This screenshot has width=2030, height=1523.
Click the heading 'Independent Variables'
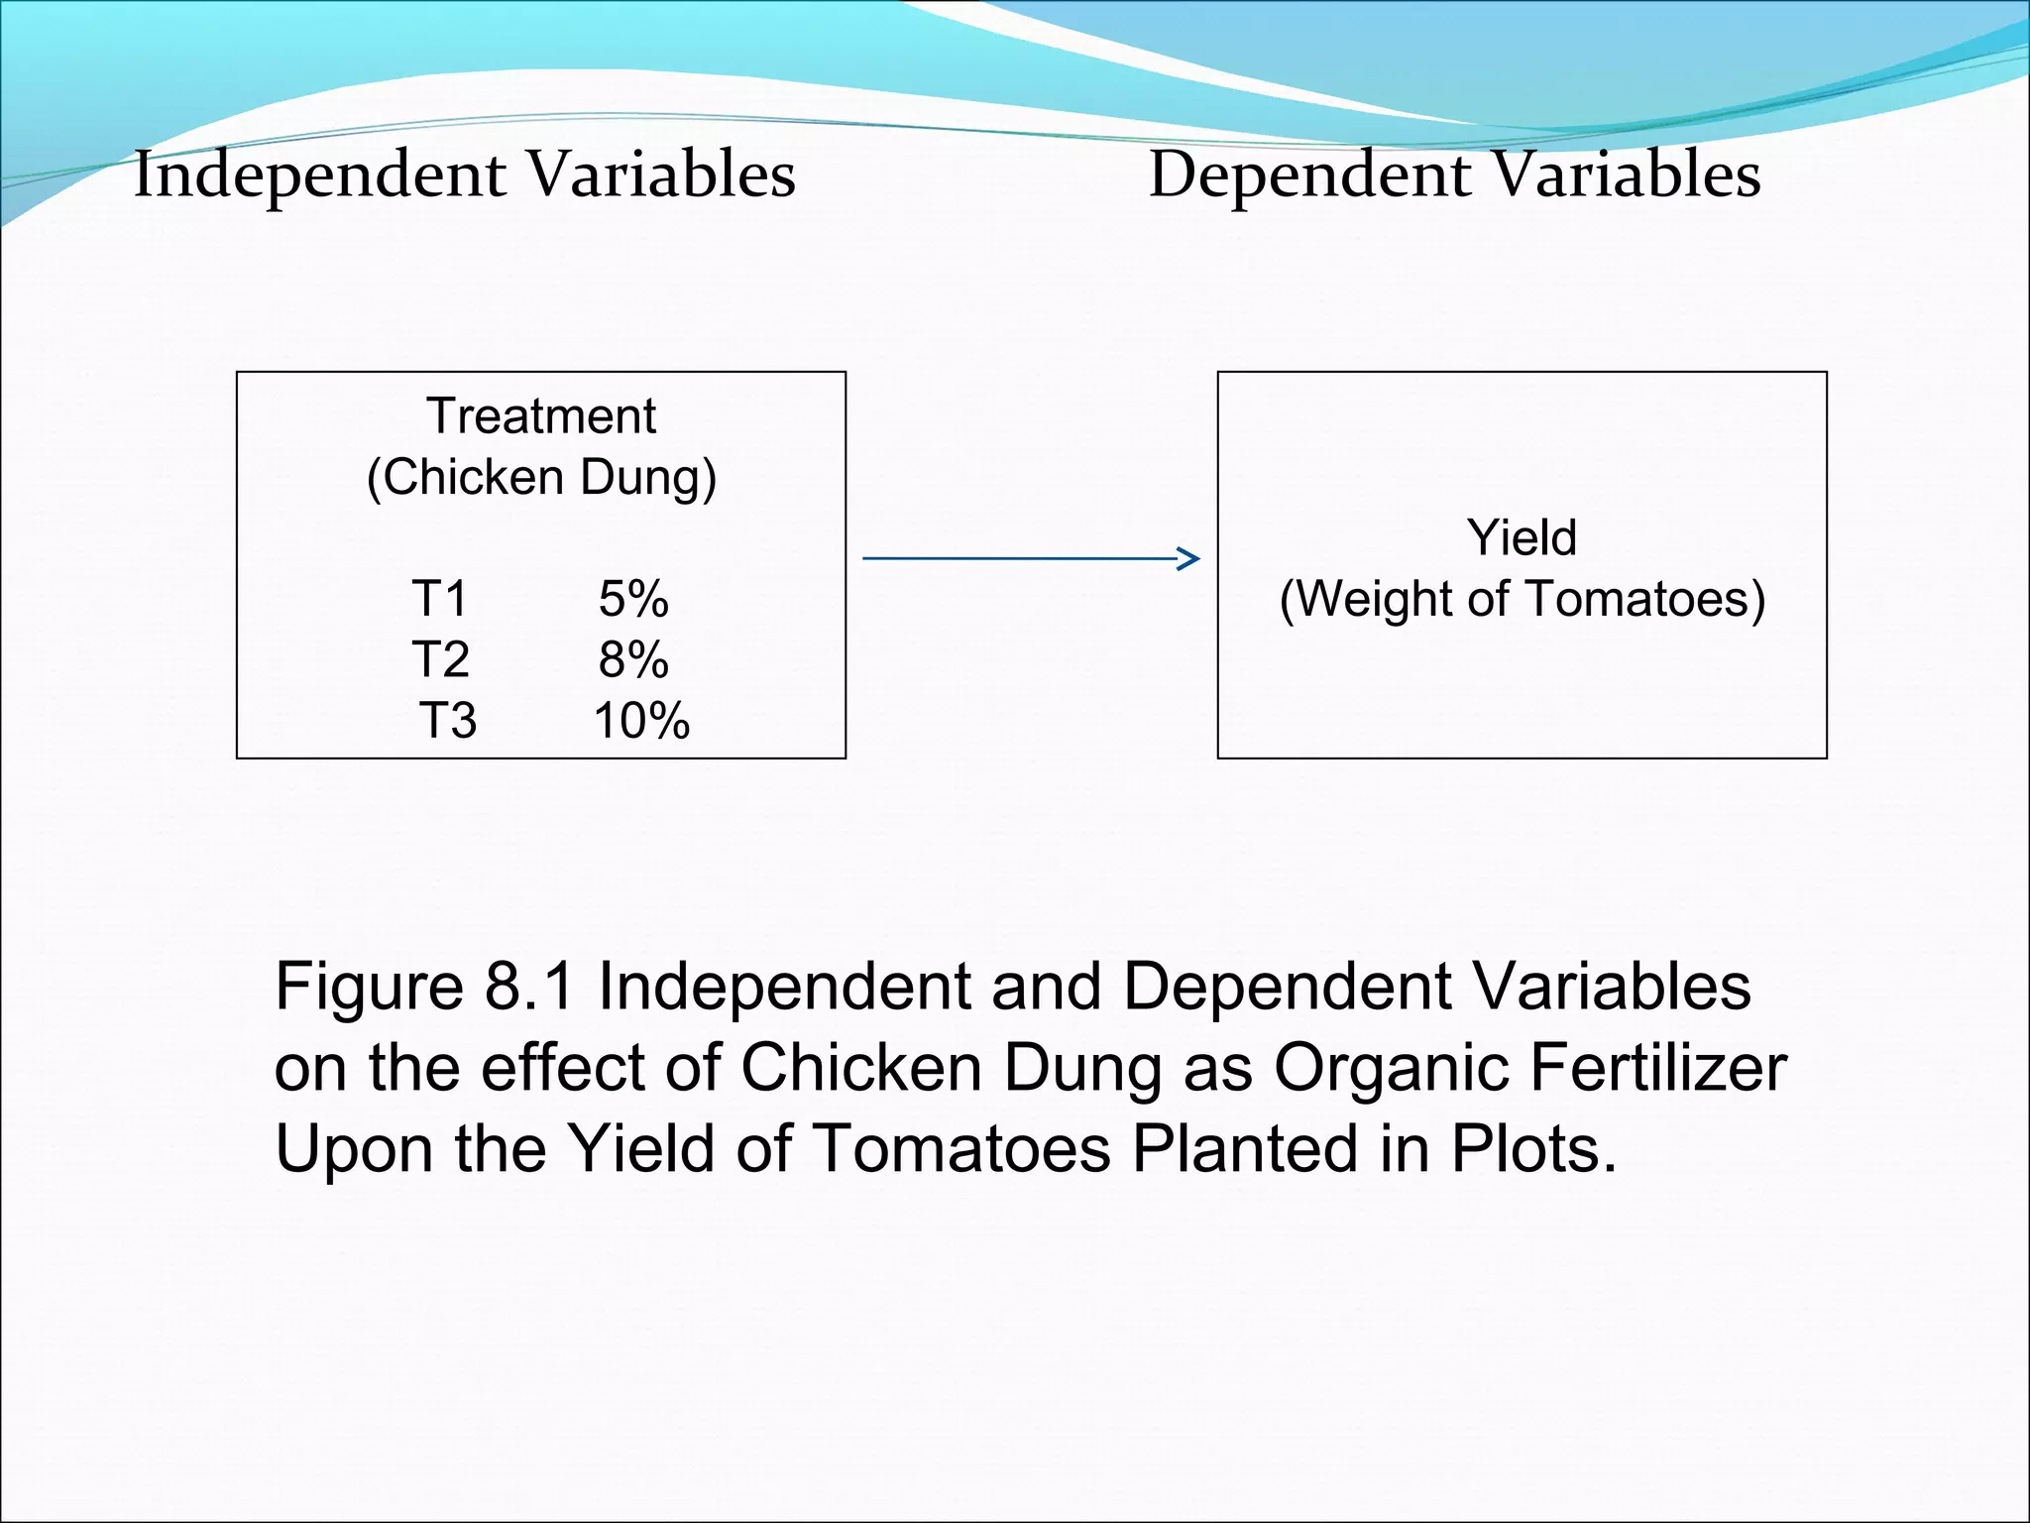[464, 175]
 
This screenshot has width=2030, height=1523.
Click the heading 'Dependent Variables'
[1454, 175]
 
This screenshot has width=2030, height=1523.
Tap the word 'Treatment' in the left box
[541, 415]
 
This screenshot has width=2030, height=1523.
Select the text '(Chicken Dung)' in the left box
[541, 477]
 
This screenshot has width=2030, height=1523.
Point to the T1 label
[439, 599]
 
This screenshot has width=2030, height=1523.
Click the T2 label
[440, 659]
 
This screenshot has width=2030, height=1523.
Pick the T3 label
[448, 721]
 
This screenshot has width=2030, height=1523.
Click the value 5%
[633, 599]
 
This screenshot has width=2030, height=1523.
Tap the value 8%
[633, 659]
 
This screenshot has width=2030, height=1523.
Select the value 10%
[640, 721]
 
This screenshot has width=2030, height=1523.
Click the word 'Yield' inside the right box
[1522, 537]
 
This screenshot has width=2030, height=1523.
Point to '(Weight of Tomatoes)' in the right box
[1522, 599]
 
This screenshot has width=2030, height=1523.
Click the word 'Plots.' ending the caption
[1533, 1149]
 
